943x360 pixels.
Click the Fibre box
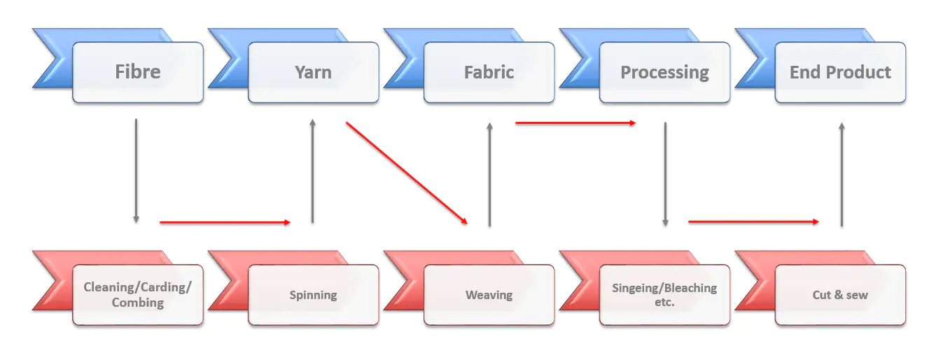click(x=138, y=72)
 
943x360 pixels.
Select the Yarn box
click(x=314, y=72)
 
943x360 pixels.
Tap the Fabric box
click(x=489, y=72)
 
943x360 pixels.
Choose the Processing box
click(x=664, y=72)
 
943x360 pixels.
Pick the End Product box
click(x=840, y=72)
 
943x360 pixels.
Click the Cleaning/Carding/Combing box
click(x=138, y=295)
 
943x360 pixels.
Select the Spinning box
click(x=314, y=295)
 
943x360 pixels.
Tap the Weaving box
click(x=489, y=295)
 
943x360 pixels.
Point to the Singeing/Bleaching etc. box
click(x=664, y=295)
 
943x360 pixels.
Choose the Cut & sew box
click(x=840, y=295)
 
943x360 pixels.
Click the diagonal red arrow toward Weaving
click(x=406, y=173)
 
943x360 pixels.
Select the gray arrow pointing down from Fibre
click(x=136, y=171)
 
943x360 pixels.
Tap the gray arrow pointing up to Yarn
click(x=312, y=171)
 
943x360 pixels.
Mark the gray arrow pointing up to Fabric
click(x=489, y=174)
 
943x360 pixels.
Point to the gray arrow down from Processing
click(x=665, y=174)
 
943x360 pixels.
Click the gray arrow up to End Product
click(x=841, y=174)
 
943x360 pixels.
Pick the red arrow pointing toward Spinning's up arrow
click(x=225, y=223)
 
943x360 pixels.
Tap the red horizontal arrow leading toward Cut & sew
click(x=753, y=222)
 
